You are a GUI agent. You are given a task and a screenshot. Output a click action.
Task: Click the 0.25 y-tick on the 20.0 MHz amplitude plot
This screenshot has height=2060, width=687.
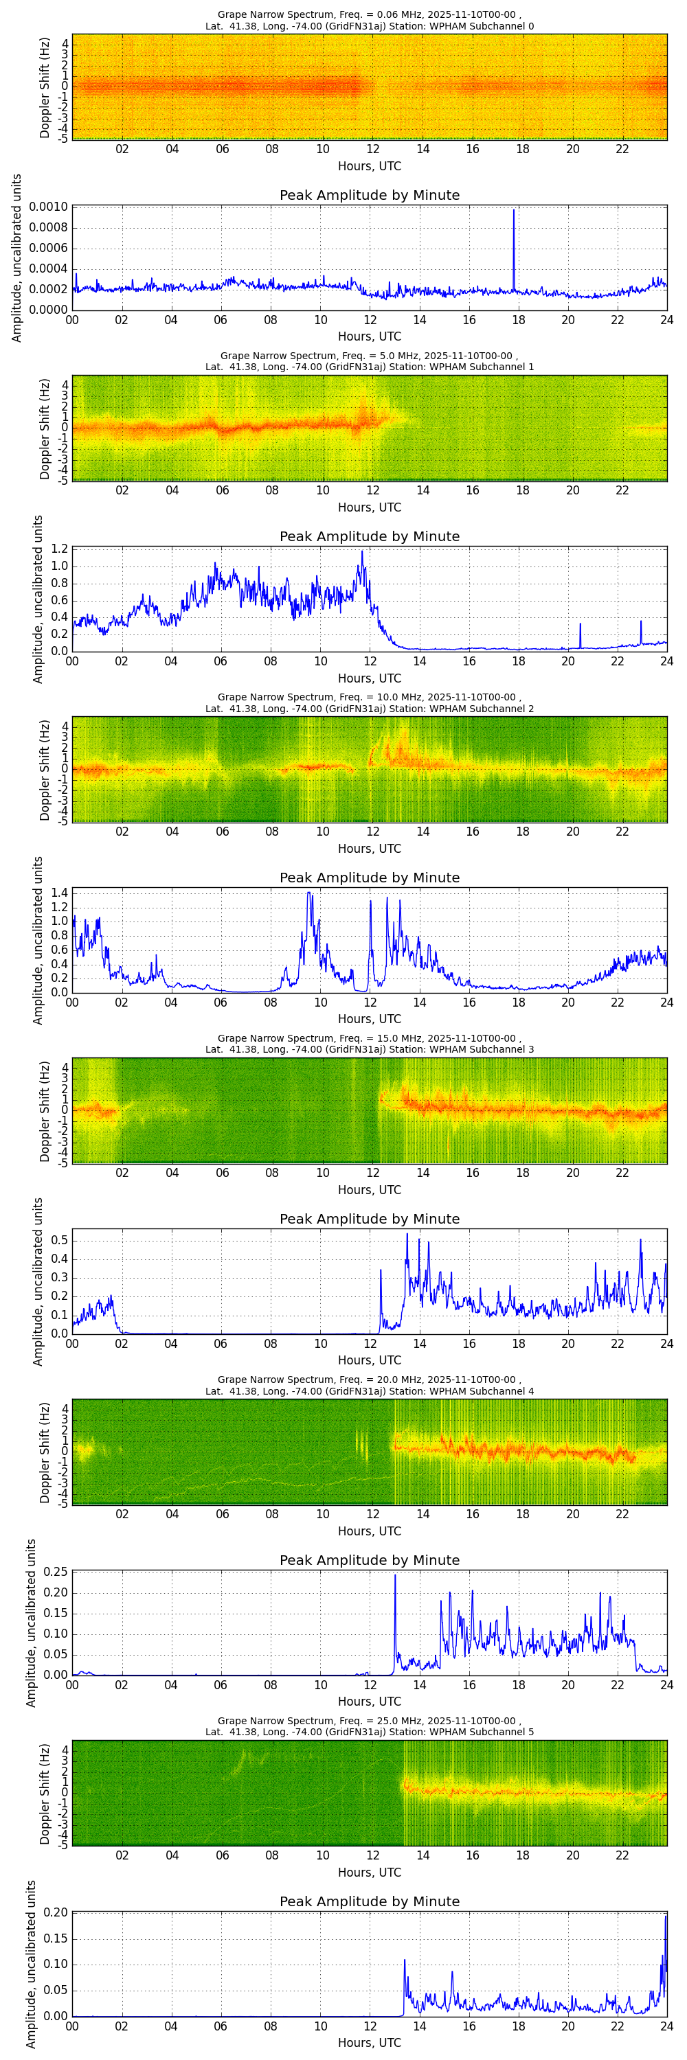click(55, 1572)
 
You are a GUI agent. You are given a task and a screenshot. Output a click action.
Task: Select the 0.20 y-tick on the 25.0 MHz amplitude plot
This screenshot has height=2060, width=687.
click(55, 1913)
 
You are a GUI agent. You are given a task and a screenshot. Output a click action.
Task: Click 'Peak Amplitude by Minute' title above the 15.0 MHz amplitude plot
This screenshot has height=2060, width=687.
click(369, 1219)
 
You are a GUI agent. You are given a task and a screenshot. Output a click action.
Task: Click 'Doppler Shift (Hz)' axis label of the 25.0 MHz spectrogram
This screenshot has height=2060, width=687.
click(45, 1794)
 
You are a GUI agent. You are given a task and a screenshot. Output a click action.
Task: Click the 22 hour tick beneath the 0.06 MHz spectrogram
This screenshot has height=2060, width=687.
click(622, 149)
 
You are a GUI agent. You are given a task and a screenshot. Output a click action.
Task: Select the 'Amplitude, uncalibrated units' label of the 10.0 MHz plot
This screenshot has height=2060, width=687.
click(38, 941)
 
